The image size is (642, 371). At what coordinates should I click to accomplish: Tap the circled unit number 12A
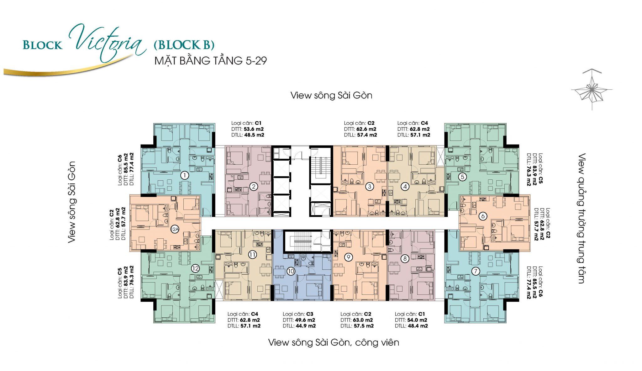coord(175,229)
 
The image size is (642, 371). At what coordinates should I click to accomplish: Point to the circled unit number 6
coord(483,216)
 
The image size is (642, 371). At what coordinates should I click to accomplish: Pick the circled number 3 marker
coord(370,187)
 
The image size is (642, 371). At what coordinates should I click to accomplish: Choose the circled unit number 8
coord(405,259)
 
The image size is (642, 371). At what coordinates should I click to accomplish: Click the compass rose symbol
coord(592,90)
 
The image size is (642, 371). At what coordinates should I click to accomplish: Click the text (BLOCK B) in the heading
coord(184,45)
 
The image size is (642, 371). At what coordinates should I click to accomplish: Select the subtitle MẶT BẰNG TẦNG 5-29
coord(211,61)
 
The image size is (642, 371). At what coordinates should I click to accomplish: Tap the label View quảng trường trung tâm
coord(582,218)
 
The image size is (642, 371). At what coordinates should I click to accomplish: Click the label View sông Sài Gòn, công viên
coord(334,342)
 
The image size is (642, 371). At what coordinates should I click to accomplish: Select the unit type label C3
coord(310,314)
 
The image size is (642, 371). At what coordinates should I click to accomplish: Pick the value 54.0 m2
coord(417,320)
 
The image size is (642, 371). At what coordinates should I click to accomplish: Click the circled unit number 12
coord(195,268)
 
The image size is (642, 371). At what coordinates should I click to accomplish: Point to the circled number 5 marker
coord(462,177)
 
